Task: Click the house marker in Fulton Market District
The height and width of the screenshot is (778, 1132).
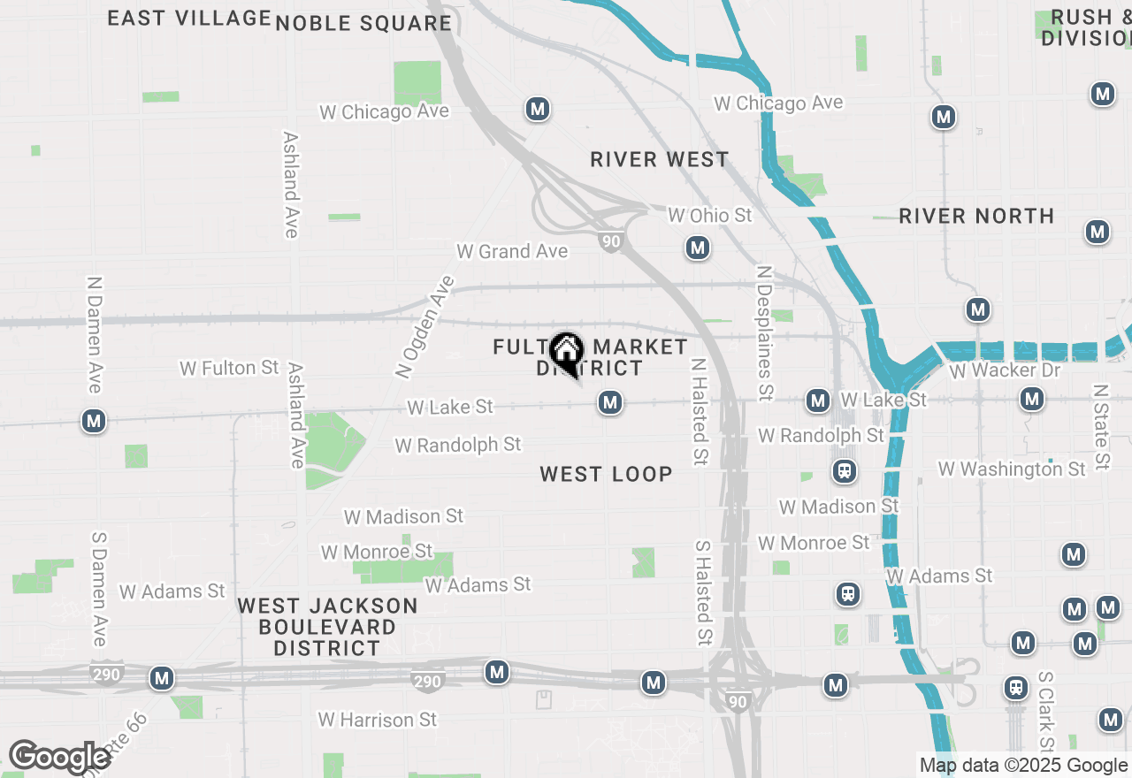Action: point(565,352)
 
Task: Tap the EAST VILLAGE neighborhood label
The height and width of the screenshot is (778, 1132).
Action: point(189,18)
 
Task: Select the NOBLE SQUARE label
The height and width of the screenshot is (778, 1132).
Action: point(363,23)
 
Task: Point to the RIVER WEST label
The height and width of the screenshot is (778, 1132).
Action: point(660,159)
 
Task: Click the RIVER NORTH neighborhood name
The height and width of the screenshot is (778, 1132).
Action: point(976,216)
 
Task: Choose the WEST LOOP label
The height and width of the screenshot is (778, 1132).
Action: point(607,474)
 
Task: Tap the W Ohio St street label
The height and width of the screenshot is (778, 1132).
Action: point(710,215)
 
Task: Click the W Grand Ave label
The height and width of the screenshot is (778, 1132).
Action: point(512,251)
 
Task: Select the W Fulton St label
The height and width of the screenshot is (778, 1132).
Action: point(229,368)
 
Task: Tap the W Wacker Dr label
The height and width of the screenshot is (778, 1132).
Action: point(1005,370)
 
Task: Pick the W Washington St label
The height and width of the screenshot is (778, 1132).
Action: point(1012,469)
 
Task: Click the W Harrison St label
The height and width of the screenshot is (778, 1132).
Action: point(378,720)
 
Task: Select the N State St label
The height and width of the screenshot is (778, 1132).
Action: point(1100,426)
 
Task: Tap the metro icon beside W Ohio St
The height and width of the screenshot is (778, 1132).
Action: point(698,248)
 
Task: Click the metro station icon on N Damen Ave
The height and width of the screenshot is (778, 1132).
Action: point(94,421)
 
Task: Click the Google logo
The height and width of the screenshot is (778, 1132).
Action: point(58,758)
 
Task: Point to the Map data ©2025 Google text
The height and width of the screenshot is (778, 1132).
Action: point(1023,766)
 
